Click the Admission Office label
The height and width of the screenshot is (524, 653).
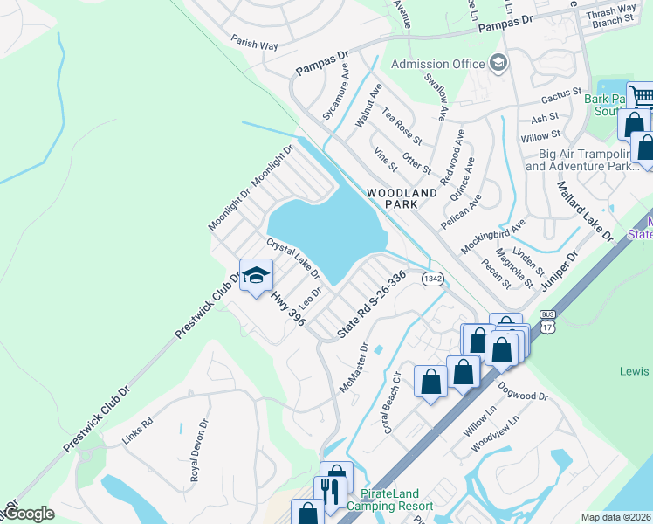[x=437, y=64]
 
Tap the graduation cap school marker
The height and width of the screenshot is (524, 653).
[x=255, y=276]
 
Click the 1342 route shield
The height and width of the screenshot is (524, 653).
[x=432, y=278]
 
